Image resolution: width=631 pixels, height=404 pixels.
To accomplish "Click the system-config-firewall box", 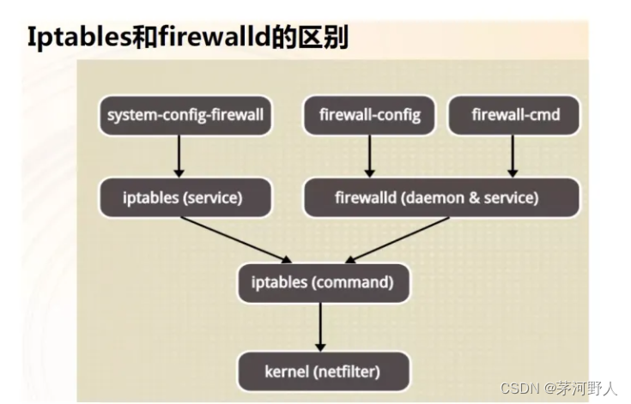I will point(185,115).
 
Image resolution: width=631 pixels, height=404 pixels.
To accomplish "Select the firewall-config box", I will point(370,115).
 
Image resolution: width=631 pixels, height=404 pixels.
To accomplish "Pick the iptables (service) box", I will point(184,197).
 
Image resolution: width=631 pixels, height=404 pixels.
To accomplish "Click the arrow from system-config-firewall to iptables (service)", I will point(179,156).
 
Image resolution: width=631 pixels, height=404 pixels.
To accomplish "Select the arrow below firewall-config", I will point(369,156).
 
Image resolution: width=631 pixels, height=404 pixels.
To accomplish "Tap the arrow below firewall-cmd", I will point(513,156).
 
